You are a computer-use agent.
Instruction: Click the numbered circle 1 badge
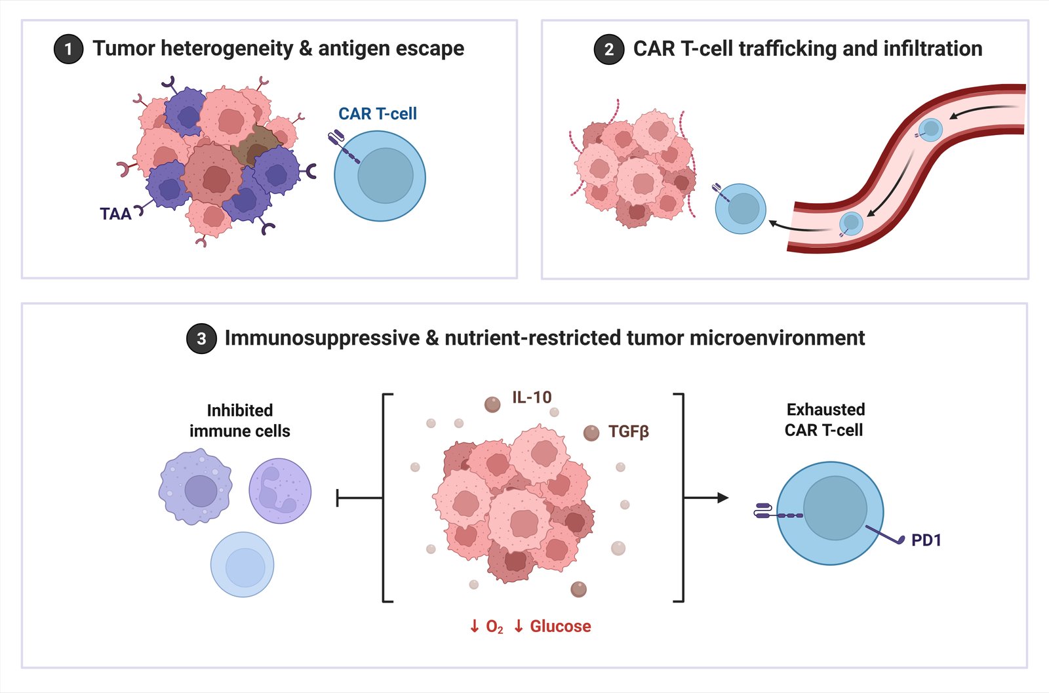(68, 49)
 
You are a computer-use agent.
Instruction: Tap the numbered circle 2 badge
(608, 49)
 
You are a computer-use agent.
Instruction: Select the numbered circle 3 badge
(201, 338)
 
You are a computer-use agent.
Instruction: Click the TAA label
(115, 214)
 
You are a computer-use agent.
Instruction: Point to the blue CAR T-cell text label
(378, 114)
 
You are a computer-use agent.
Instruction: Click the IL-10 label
(532, 397)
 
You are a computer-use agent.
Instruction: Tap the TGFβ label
(628, 432)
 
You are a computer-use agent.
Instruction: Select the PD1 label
(926, 540)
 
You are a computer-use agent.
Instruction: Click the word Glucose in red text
(561, 627)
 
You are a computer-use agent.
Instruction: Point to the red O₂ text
(494, 627)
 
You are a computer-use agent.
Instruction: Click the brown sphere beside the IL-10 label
(492, 405)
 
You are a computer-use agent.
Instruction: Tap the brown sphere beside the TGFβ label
(591, 433)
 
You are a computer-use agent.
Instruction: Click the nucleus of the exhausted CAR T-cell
(835, 508)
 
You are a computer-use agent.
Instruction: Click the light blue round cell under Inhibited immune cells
(242, 564)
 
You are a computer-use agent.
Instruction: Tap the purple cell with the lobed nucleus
(280, 491)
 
